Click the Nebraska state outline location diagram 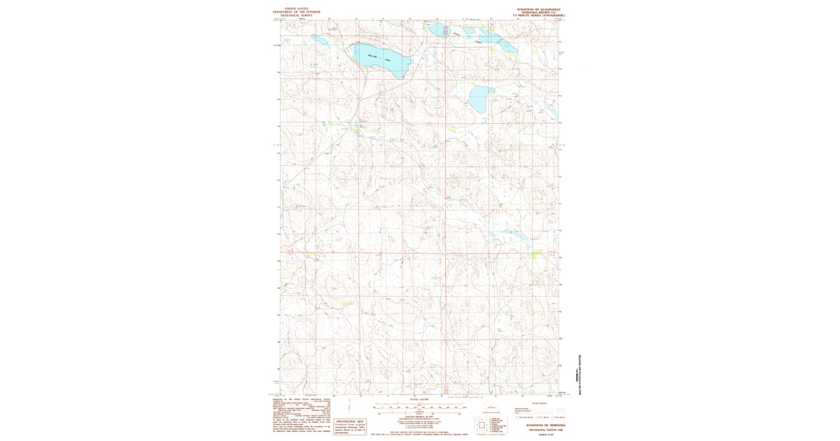pyautogui.click(x=491, y=407)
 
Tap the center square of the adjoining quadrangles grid pyautogui.click(x=482, y=425)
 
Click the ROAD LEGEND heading pyautogui.click(x=540, y=403)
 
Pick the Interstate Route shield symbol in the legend pyautogui.click(x=517, y=417)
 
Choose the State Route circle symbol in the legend pyautogui.click(x=552, y=417)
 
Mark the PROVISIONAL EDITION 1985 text pyautogui.click(x=546, y=430)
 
